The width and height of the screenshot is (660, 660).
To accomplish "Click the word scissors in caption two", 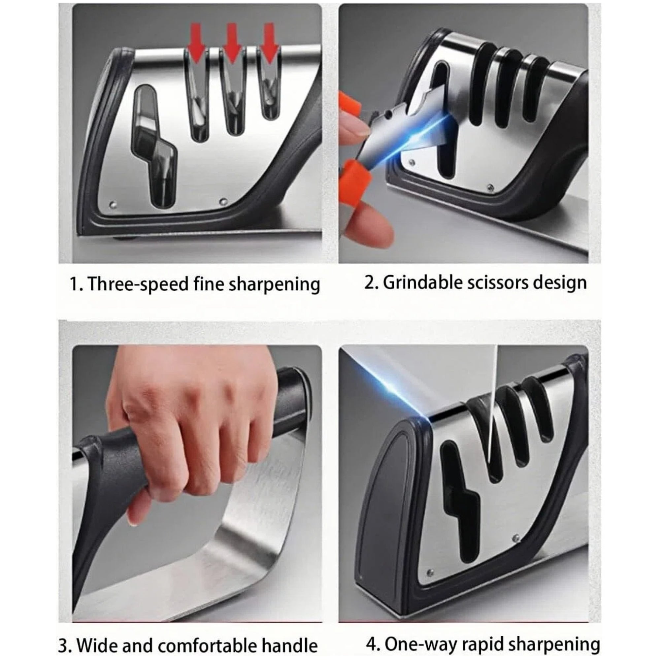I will coord(496,283).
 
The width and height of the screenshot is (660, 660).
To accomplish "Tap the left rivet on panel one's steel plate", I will coord(113,205).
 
